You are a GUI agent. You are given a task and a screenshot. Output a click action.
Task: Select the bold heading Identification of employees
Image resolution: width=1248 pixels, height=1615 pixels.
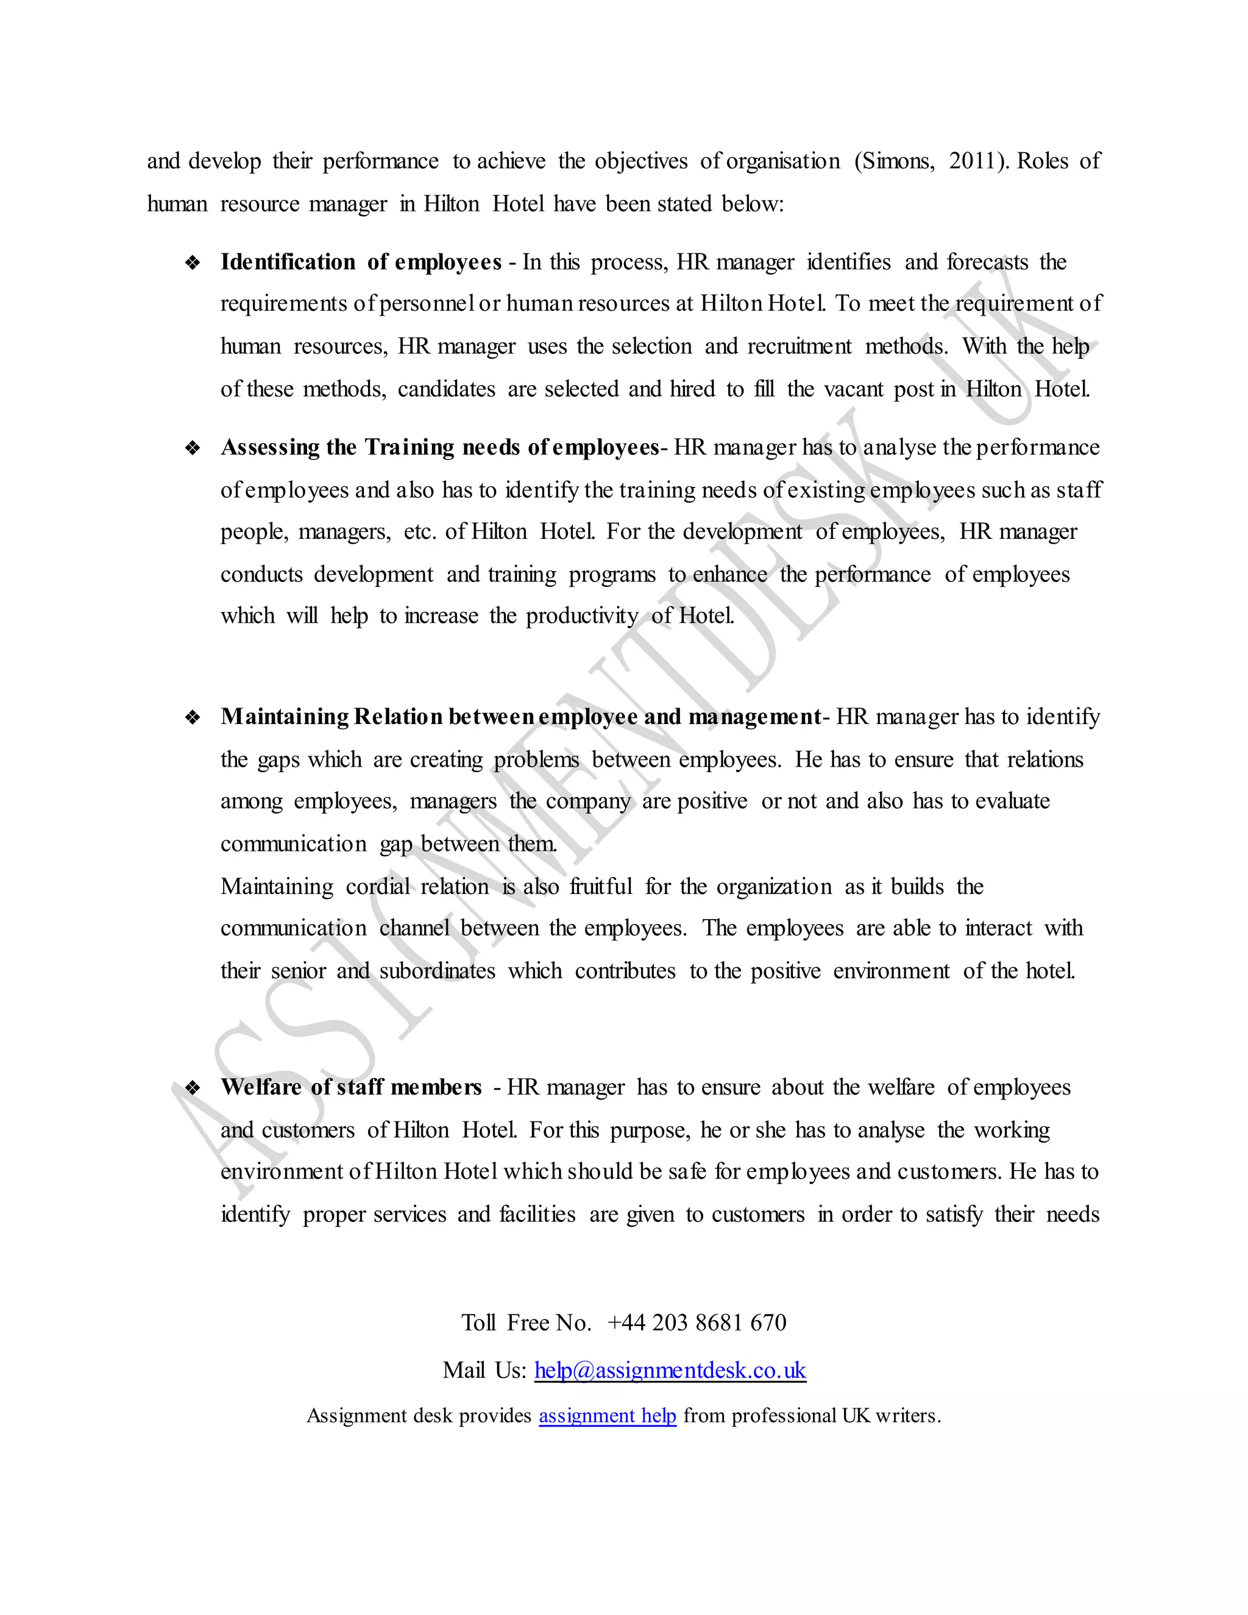click(361, 263)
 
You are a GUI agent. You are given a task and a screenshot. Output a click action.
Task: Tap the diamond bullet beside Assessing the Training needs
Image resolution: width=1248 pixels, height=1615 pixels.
click(193, 448)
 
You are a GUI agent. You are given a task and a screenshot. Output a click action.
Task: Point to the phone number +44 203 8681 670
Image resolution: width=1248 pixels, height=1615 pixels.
click(697, 1322)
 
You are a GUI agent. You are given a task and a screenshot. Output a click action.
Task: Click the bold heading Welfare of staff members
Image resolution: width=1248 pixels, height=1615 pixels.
click(351, 1087)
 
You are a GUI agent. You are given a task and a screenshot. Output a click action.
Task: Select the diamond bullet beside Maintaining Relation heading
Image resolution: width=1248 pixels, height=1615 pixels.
click(193, 717)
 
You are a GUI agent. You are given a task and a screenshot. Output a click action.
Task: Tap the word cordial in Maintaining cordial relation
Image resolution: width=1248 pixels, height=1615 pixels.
click(377, 887)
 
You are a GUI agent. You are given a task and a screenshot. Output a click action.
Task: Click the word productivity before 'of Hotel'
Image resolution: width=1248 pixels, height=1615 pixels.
click(582, 616)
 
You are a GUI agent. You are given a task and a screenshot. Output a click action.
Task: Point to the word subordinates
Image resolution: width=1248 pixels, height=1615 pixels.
click(437, 971)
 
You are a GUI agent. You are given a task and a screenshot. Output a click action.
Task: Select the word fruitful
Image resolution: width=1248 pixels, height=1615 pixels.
click(600, 887)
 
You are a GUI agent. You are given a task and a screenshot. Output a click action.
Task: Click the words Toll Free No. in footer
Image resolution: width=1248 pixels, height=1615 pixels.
click(526, 1322)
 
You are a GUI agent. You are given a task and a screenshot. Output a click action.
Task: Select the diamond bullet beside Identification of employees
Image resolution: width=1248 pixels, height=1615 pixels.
click(193, 263)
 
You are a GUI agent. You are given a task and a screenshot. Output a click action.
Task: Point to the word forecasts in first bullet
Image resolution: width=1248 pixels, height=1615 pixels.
click(987, 263)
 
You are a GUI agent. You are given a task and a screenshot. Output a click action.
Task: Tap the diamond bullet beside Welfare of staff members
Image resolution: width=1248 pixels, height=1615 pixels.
click(193, 1088)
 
